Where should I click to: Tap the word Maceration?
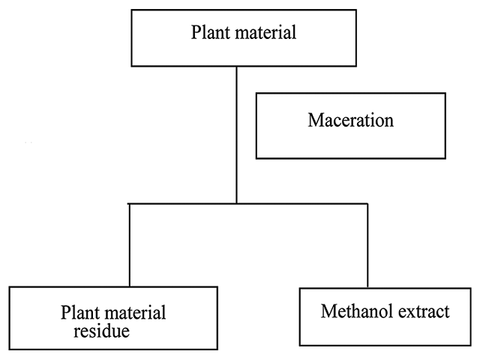tap(349, 120)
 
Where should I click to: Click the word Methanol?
tap(351, 311)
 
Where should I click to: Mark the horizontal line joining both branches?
tap(300, 203)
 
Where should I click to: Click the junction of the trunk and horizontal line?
tap(237, 203)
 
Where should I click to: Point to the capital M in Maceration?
tap(315, 120)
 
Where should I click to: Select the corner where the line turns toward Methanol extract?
tap(367, 203)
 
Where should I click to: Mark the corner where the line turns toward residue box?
tap(130, 203)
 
